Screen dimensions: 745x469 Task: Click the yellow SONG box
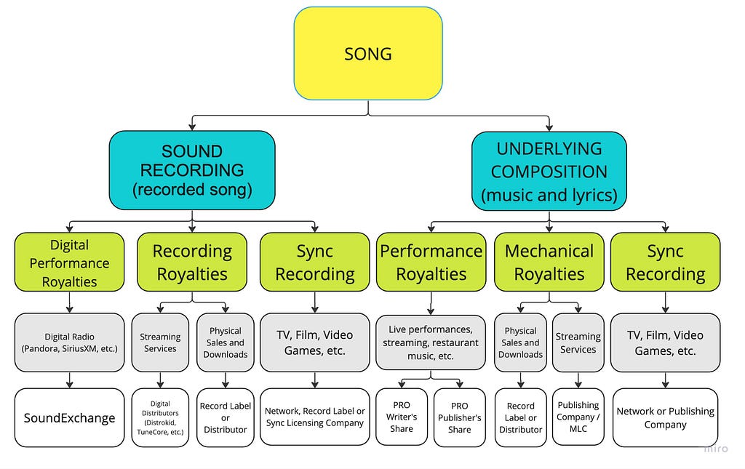[x=368, y=53]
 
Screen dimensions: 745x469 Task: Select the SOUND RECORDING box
[x=192, y=170]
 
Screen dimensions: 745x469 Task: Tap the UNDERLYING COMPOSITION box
[x=549, y=171]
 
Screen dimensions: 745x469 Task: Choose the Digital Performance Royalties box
[x=69, y=262]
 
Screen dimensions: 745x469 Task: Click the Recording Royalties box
[x=192, y=262]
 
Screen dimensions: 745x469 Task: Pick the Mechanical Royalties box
[x=549, y=262]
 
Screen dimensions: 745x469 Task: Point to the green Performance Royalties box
[x=431, y=262]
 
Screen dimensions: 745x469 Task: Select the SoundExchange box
[x=69, y=417]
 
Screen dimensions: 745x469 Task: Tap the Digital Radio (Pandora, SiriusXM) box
[x=69, y=342]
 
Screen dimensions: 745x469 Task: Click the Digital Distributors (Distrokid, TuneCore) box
[x=160, y=417]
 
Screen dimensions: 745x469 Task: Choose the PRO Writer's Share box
[x=402, y=417]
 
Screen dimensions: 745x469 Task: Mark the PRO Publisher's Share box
[x=460, y=417]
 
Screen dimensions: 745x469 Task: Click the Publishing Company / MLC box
[x=578, y=417]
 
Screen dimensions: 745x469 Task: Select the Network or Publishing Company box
[x=665, y=417]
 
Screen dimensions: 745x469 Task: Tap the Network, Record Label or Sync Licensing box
[x=315, y=417]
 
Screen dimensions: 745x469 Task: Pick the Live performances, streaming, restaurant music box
[x=431, y=342]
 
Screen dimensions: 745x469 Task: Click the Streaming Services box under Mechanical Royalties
[x=578, y=342]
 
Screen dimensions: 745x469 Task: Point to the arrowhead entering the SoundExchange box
[x=69, y=384]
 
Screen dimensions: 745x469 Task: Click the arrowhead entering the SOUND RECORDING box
[x=192, y=127]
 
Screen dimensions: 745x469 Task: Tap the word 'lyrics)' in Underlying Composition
[x=592, y=195]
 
